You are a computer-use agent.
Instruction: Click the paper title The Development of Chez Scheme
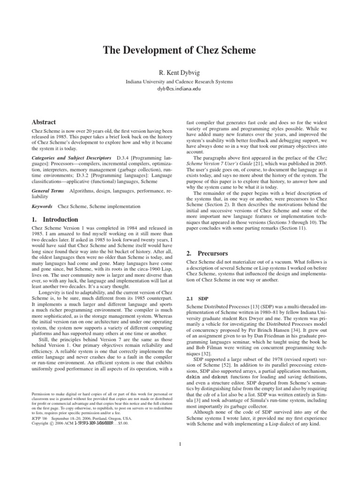click(180, 51)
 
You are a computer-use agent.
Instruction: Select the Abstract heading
click(44, 122)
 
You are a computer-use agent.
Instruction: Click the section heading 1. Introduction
click(48, 219)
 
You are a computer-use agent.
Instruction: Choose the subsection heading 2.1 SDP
click(197, 298)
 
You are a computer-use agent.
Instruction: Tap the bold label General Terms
click(47, 192)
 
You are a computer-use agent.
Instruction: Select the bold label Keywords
click(42, 206)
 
